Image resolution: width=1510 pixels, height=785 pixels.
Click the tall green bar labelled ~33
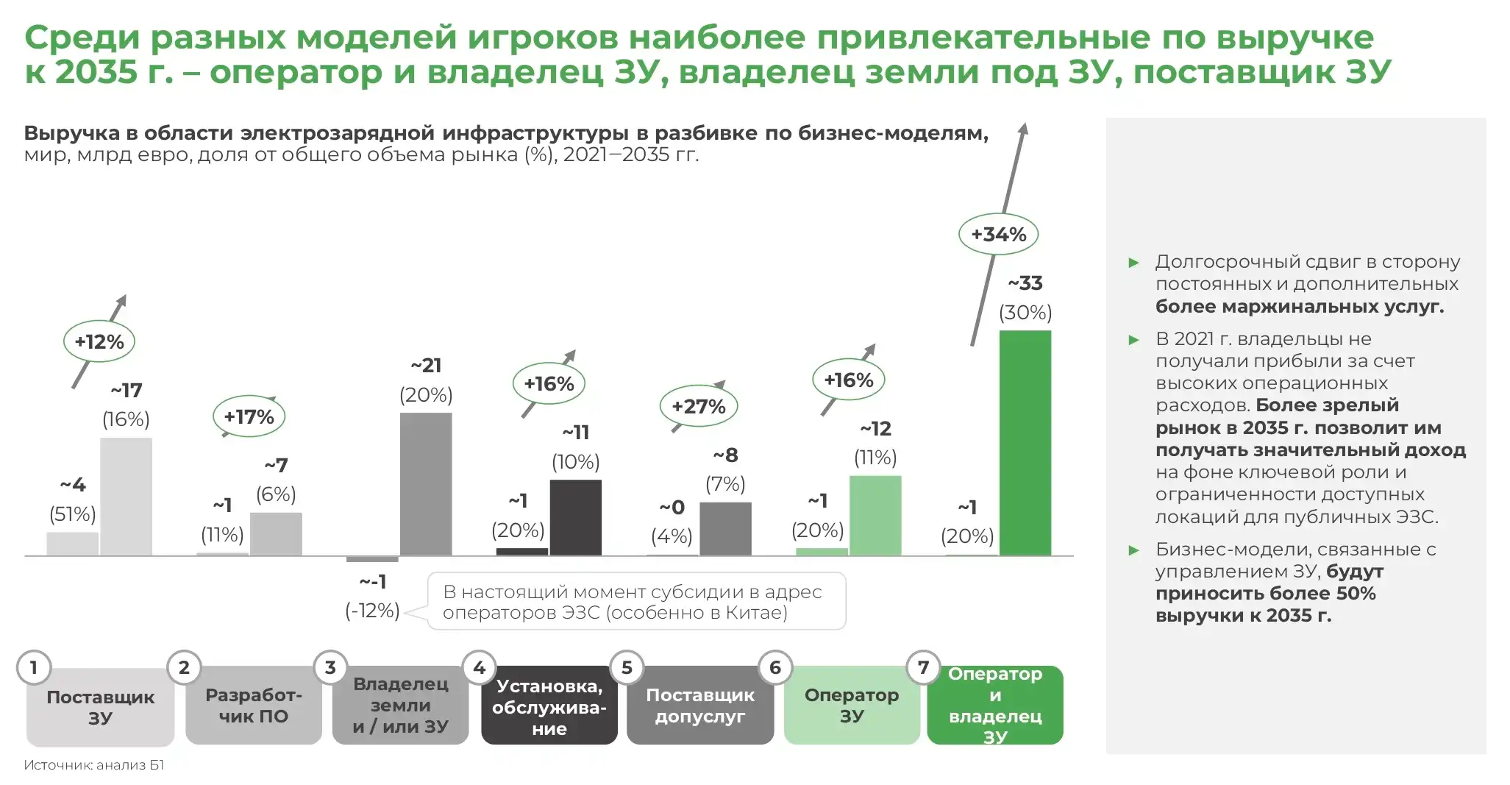(x=1025, y=443)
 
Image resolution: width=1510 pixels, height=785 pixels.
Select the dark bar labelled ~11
(x=575, y=517)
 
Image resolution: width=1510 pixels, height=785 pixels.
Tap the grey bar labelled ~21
(x=426, y=484)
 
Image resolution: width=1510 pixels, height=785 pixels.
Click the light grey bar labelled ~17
(x=126, y=497)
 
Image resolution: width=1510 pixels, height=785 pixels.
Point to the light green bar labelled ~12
(x=875, y=515)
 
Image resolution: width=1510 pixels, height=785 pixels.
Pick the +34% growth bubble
(x=998, y=235)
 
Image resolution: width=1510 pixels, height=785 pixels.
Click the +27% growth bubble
(x=698, y=406)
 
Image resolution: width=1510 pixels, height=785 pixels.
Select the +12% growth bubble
(x=99, y=341)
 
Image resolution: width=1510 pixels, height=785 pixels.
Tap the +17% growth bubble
(x=249, y=417)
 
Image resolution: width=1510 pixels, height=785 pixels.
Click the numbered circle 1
(x=34, y=667)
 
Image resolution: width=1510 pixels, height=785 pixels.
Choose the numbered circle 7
(x=923, y=667)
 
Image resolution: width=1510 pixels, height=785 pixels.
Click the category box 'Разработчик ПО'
(x=253, y=706)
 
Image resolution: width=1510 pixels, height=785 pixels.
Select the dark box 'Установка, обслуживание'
(x=549, y=707)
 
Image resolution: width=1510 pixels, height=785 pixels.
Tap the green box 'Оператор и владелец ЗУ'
(x=994, y=706)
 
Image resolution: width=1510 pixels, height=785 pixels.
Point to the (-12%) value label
(x=372, y=611)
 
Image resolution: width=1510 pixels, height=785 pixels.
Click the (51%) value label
(x=72, y=514)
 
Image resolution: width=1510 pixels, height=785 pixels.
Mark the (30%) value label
(x=1025, y=313)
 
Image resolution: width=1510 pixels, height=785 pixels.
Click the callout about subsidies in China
(x=636, y=602)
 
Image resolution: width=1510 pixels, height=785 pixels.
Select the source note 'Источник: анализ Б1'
(x=94, y=765)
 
